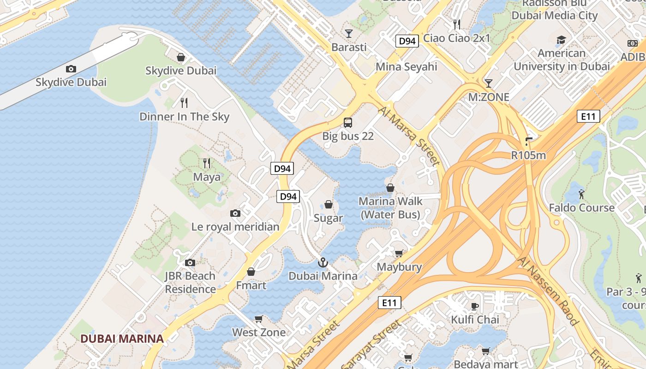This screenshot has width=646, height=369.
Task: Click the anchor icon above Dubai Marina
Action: coord(323,262)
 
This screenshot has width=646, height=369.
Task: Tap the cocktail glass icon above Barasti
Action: coord(349,34)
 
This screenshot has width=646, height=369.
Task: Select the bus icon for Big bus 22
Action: coord(348,123)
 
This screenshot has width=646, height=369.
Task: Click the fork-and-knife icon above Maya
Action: coord(207,163)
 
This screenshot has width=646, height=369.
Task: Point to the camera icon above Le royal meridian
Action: coord(235,213)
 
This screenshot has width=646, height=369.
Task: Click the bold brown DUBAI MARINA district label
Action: coord(122,339)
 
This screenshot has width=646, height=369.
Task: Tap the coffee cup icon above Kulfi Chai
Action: coord(475,306)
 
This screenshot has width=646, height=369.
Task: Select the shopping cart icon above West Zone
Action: coord(259,319)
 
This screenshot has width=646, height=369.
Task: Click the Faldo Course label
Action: coord(581,208)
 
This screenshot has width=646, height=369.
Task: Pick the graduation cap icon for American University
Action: coord(561,40)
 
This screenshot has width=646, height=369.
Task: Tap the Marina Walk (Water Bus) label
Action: coord(390,208)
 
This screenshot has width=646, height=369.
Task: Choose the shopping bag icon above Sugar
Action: coord(329,204)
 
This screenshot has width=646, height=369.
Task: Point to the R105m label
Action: coord(528,155)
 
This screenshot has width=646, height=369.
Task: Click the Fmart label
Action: coord(251,286)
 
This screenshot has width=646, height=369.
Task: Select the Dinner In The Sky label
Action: coord(184,117)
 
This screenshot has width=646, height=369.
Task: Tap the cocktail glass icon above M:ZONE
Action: coord(488,83)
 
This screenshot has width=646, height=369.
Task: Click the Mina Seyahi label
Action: coord(406,67)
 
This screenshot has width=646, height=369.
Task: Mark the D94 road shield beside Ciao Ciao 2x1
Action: coord(407,41)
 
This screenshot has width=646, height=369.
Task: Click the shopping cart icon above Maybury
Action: coord(399,253)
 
